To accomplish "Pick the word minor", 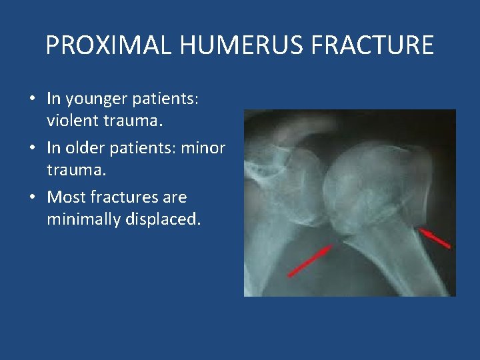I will pyautogui.click(x=203, y=148).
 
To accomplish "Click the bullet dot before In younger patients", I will pyautogui.click(x=33, y=100).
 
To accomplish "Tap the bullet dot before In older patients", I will pyautogui.click(x=33, y=149).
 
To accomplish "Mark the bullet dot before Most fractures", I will pyautogui.click(x=33, y=198).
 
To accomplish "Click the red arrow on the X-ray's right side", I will pyautogui.click(x=434, y=238).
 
